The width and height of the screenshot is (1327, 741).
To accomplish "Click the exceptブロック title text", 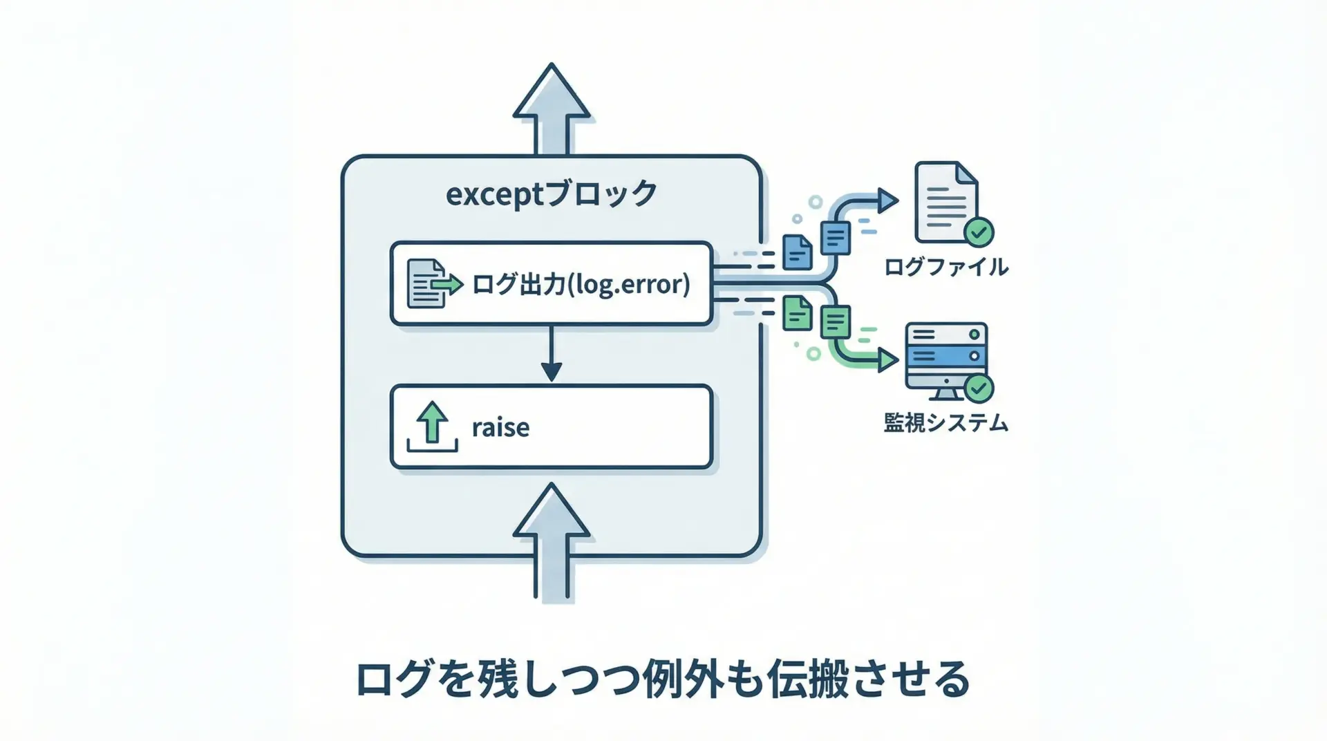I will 551,194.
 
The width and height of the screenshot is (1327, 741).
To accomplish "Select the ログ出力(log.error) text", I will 581,284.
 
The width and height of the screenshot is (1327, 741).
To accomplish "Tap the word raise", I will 500,427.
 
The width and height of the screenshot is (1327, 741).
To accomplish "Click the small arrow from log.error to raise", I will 551,355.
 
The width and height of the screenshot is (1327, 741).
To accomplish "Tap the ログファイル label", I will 945,267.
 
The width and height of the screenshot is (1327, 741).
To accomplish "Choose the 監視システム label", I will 945,422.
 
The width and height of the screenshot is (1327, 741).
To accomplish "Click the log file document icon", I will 945,201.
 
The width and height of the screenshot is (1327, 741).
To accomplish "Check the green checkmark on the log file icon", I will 979,232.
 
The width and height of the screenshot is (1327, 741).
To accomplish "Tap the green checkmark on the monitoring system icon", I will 979,388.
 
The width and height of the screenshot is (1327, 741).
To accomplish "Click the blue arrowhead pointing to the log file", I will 887,200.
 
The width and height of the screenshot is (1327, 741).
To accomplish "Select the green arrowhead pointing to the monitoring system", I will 887,360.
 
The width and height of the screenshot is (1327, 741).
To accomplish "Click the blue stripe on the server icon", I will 945,356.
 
